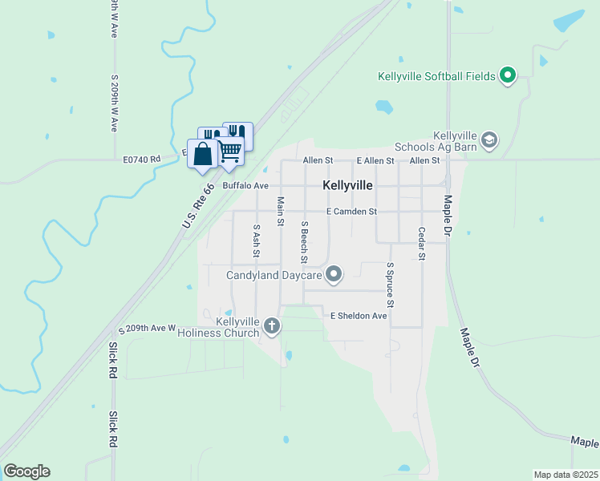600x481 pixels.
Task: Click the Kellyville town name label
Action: (x=347, y=185)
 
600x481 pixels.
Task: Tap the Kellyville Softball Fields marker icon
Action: (x=507, y=76)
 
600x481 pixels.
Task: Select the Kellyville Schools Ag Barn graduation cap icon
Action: (x=489, y=141)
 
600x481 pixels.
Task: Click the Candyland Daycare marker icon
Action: (x=334, y=276)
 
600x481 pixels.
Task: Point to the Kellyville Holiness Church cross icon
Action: (x=273, y=326)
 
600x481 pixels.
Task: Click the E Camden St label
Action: (x=351, y=212)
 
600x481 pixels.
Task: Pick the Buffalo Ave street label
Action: (x=245, y=185)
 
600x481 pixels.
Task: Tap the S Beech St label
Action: (x=305, y=242)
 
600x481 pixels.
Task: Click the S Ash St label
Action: (x=257, y=240)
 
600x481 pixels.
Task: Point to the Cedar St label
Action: (x=421, y=244)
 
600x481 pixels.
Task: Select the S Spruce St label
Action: (x=390, y=285)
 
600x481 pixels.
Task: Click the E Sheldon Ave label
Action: (x=359, y=316)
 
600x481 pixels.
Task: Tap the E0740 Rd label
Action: (x=142, y=160)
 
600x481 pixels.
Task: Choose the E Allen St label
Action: (x=375, y=161)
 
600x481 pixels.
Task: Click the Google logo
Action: (x=26, y=471)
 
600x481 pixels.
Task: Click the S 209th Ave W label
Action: (x=147, y=329)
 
